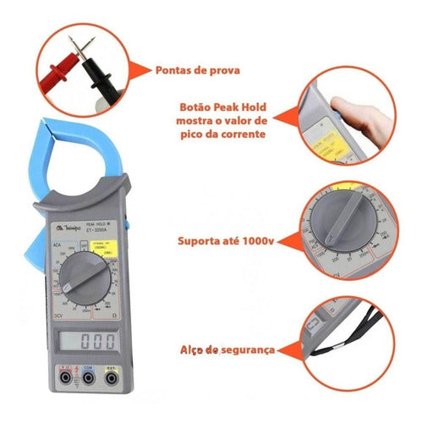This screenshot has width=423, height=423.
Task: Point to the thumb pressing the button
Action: pos(343,107)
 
